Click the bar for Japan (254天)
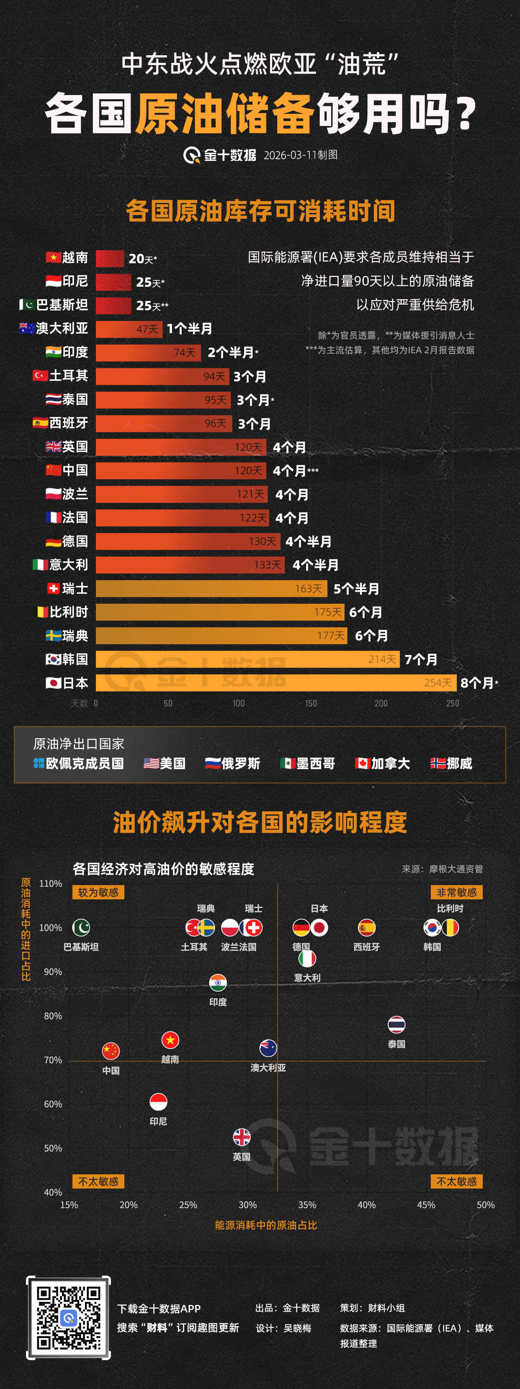(275, 683)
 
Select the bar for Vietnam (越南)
(110, 258)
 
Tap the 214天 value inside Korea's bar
(382, 659)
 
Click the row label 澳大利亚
(62, 329)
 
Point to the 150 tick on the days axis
(311, 703)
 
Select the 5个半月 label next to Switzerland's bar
(356, 589)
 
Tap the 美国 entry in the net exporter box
(165, 763)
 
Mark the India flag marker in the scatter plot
(218, 983)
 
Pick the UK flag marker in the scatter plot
(242, 1137)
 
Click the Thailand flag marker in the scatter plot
(396, 1024)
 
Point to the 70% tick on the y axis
(53, 1060)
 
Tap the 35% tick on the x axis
(307, 1204)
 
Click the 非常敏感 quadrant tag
(456, 892)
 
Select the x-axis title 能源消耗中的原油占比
(266, 1225)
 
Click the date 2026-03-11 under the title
(290, 155)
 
